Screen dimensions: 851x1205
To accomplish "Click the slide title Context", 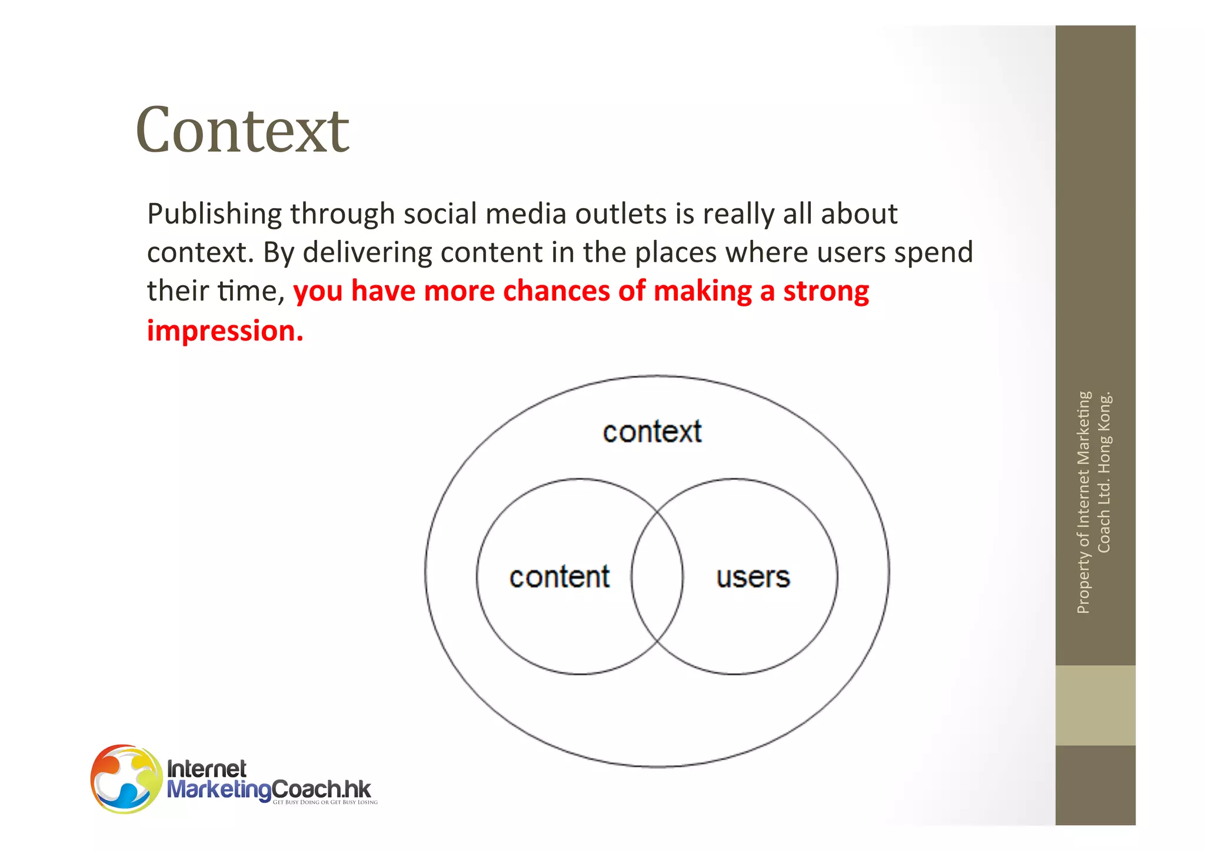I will pyautogui.click(x=242, y=131).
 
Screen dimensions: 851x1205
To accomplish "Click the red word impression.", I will pyautogui.click(x=225, y=331).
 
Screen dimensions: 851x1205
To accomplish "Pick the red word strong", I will pyautogui.click(x=826, y=291).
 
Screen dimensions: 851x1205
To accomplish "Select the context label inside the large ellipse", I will pyautogui.click(x=652, y=432).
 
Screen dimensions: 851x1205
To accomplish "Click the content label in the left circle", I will pyautogui.click(x=559, y=577).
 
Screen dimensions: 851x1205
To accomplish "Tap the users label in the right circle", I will pyautogui.click(x=753, y=578).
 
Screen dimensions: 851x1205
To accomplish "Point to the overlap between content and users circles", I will pyautogui.click(x=657, y=576).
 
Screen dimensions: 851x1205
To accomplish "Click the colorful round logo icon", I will pyautogui.click(x=126, y=779).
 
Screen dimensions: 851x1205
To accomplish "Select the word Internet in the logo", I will pyautogui.click(x=207, y=769).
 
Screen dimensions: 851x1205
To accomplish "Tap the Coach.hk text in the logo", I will pyautogui.click(x=322, y=789).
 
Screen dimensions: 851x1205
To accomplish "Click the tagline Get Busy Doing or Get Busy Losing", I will pyautogui.click(x=325, y=802).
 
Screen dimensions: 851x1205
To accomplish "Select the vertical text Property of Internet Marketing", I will pyautogui.click(x=1084, y=503).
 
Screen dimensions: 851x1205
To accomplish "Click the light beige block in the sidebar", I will pyautogui.click(x=1095, y=705).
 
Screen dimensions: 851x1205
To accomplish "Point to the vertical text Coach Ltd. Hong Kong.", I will pyautogui.click(x=1104, y=472).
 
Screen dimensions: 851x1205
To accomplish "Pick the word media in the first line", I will pyautogui.click(x=526, y=214).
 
